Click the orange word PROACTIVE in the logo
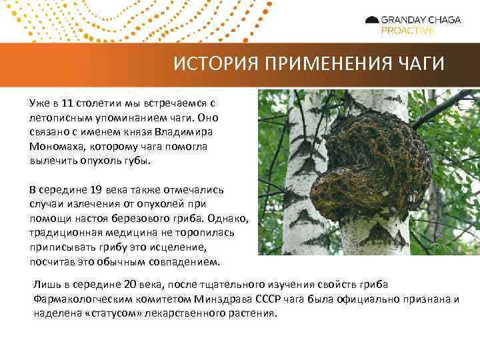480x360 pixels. tap(407, 31)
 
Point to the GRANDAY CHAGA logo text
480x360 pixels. tap(420, 20)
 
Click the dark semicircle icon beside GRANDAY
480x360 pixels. tap(372, 20)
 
